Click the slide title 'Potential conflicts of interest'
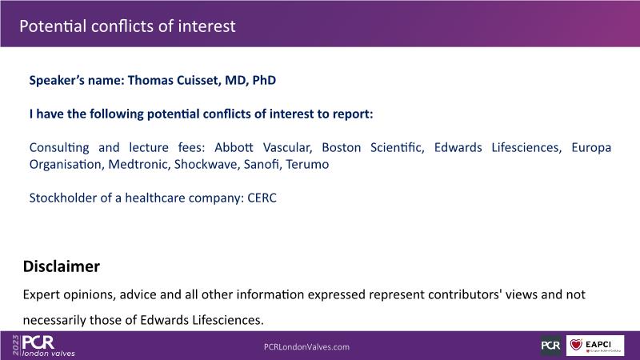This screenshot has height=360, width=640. click(127, 26)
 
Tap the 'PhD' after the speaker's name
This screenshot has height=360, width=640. click(264, 80)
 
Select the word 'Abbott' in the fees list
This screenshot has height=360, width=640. click(234, 147)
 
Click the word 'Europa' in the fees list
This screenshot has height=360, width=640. click(591, 147)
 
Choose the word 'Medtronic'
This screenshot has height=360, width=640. click(138, 164)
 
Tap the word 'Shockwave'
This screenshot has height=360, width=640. click(206, 164)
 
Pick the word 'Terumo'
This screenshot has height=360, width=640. click(307, 164)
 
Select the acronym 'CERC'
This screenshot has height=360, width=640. click(262, 198)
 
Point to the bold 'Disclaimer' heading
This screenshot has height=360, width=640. click(62, 266)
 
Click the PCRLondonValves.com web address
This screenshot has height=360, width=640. click(306, 347)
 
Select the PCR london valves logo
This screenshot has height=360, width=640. click(48, 346)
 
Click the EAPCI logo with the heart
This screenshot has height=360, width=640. click(595, 346)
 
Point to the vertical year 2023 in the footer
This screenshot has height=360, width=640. click(15, 346)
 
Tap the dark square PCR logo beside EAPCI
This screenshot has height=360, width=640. click(550, 346)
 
